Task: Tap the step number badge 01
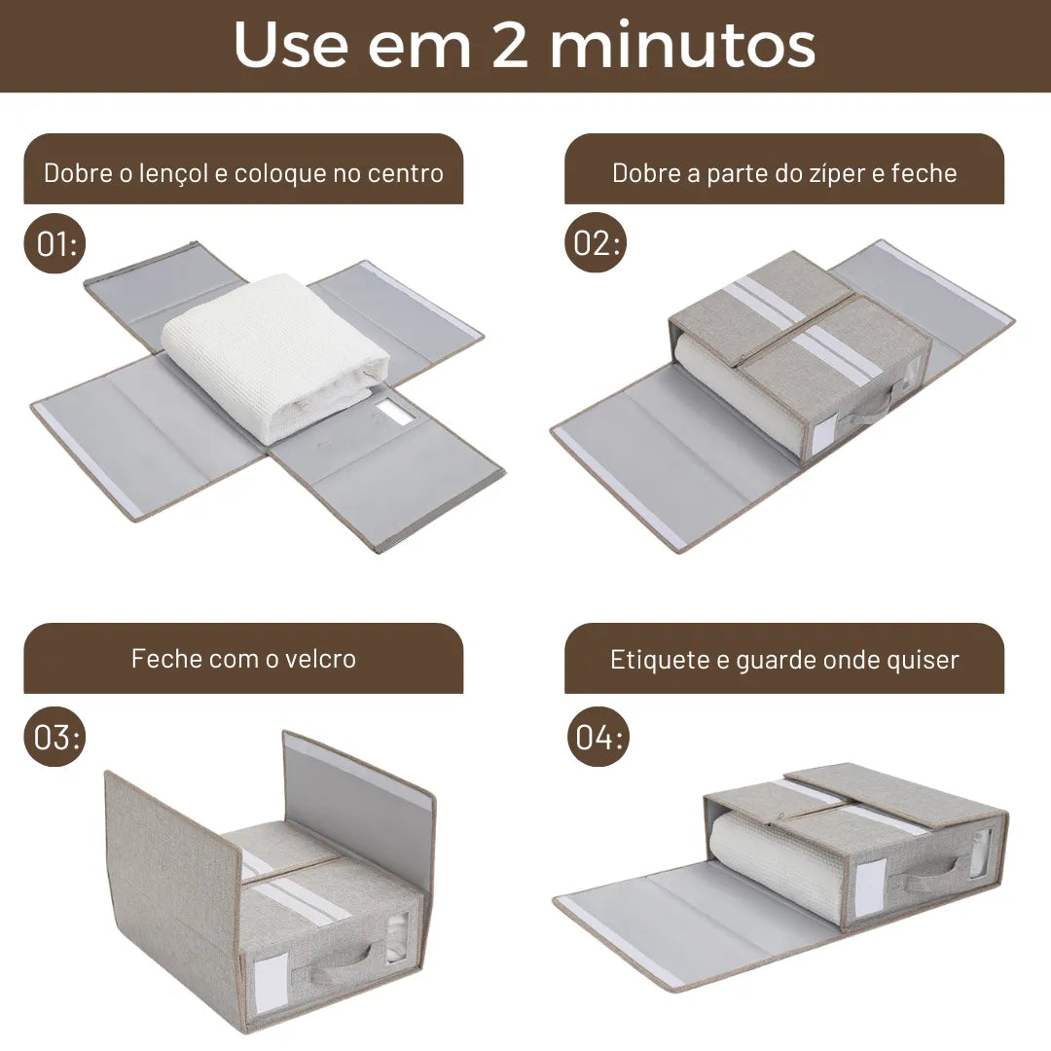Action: [54, 244]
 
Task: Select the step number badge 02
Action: [596, 243]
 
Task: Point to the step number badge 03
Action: [54, 737]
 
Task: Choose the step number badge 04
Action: [598, 737]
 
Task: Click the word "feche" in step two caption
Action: [924, 173]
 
